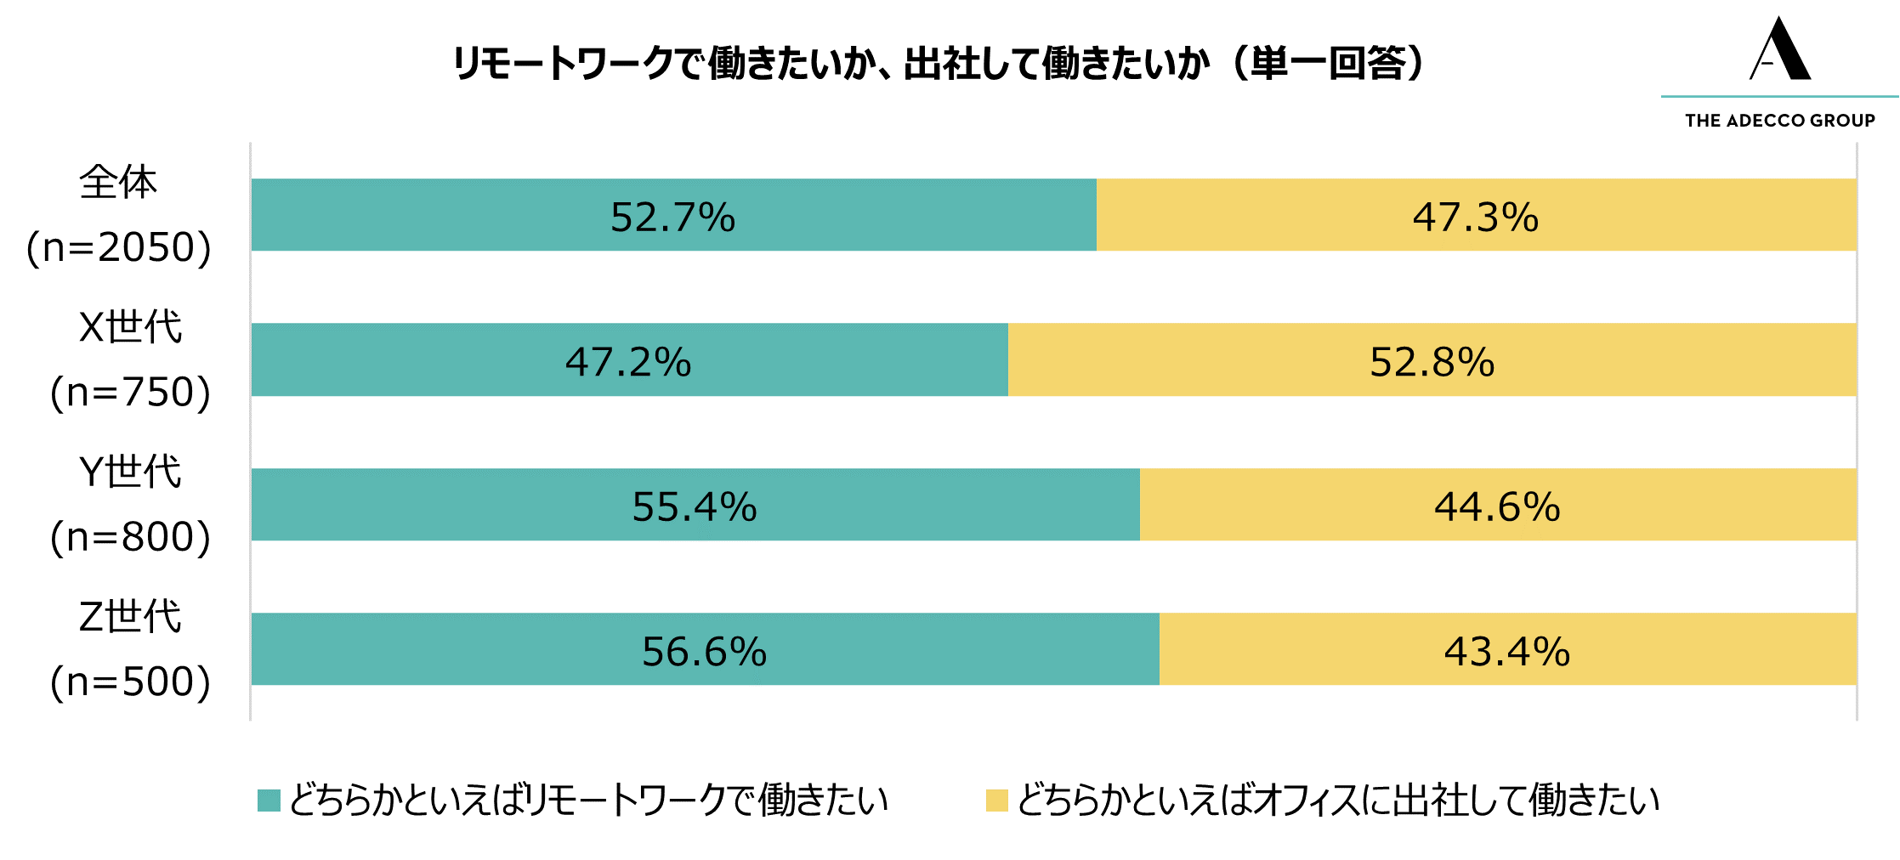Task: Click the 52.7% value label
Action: (x=672, y=218)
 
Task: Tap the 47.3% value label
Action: (x=1475, y=218)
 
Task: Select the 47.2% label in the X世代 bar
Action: (x=628, y=362)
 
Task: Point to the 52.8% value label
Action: (x=1432, y=362)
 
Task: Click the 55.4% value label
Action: (x=694, y=507)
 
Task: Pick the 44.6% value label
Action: (x=1497, y=507)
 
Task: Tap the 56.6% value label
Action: (x=704, y=652)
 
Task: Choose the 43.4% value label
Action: (x=1506, y=652)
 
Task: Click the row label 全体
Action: (x=118, y=183)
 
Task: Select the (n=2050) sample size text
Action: (x=118, y=247)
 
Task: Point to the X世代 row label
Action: (x=130, y=327)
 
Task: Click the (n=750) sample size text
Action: (x=130, y=392)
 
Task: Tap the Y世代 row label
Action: (x=130, y=472)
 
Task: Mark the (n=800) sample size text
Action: (x=130, y=537)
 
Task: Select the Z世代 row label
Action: (x=130, y=617)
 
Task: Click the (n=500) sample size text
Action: (x=130, y=682)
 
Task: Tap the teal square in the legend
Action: (x=269, y=801)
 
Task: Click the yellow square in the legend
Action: (x=996, y=801)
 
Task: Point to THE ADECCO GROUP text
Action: (x=1780, y=121)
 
